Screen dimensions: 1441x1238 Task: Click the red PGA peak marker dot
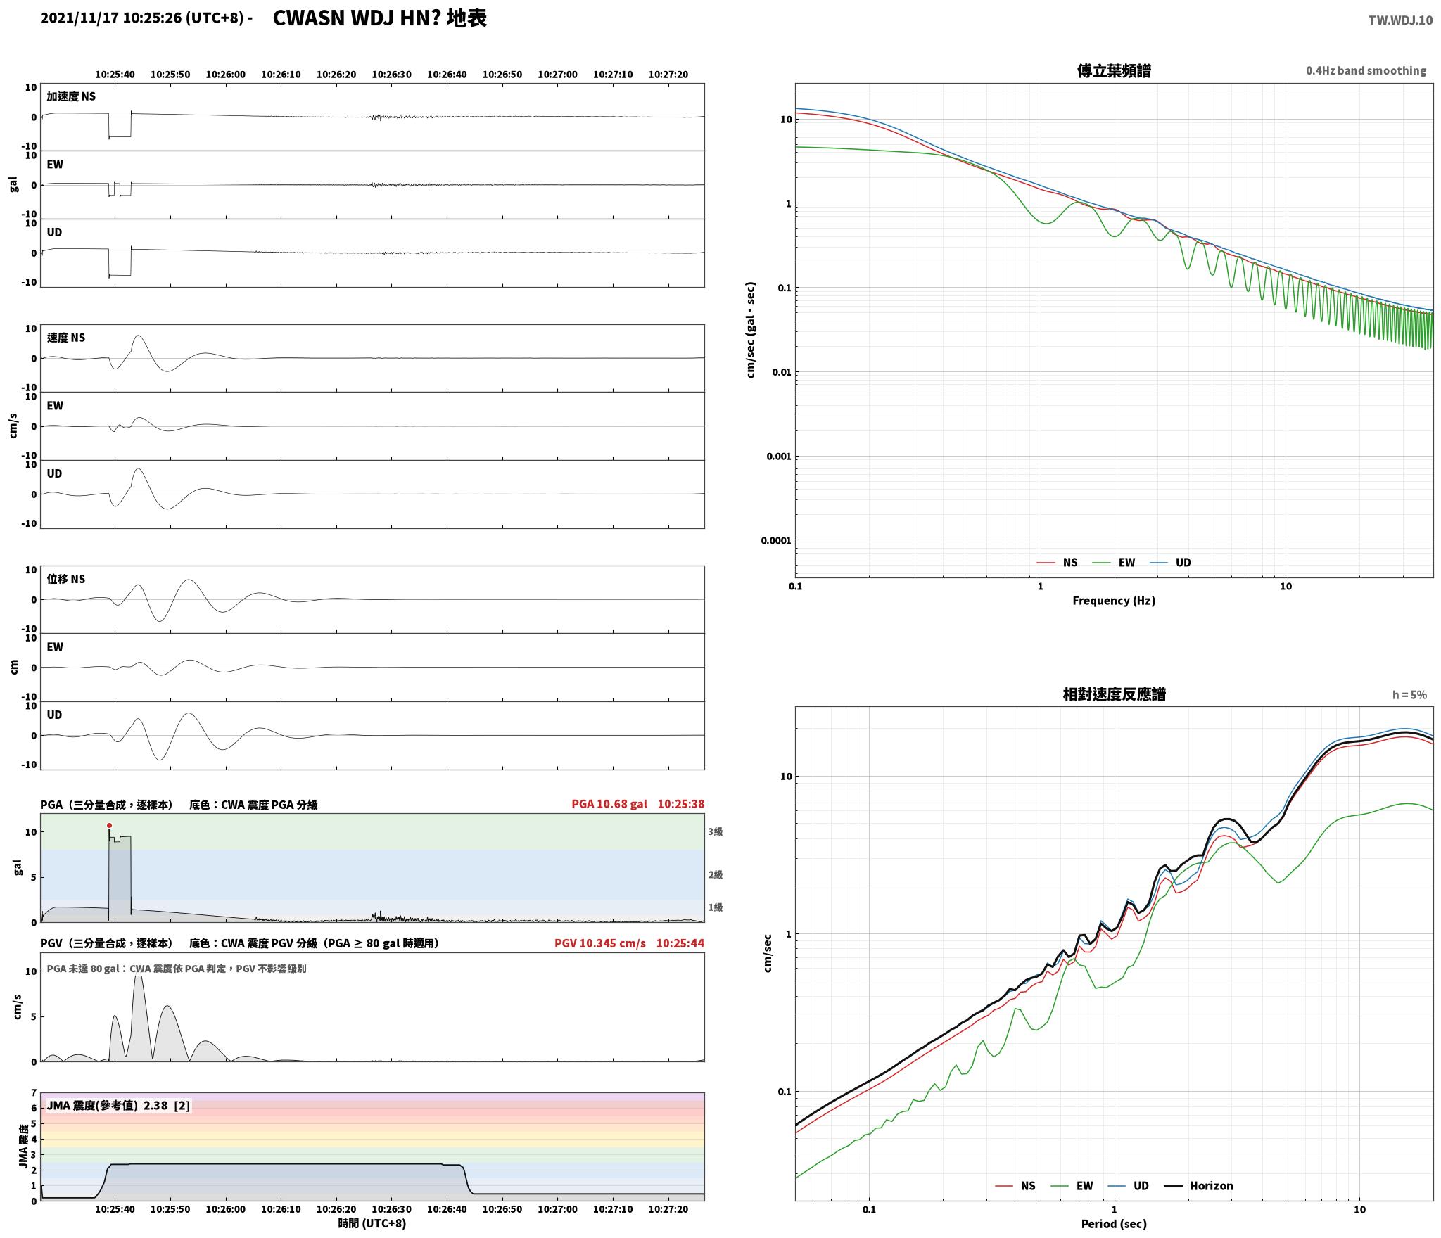109,825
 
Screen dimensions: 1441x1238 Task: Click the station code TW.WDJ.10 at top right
1400,20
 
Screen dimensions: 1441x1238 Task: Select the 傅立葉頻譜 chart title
1114,71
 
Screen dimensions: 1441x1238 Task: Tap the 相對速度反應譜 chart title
1114,694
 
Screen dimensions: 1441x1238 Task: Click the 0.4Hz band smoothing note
1366,71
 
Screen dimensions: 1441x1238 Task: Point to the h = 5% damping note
1409,695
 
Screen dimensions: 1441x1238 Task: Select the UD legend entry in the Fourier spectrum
1171,562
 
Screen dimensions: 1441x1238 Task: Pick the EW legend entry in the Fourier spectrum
1114,562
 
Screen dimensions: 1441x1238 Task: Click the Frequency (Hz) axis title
1114,600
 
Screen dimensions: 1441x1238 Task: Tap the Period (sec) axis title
1114,1224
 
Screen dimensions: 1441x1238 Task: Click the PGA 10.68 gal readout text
609,804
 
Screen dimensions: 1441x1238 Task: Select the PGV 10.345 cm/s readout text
599,943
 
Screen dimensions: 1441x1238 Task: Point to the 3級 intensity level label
715,831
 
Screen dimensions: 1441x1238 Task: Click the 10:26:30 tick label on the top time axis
391,75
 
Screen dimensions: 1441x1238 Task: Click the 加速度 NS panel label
71,96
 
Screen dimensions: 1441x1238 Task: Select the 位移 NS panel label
66,579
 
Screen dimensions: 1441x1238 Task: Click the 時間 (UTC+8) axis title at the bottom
372,1223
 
